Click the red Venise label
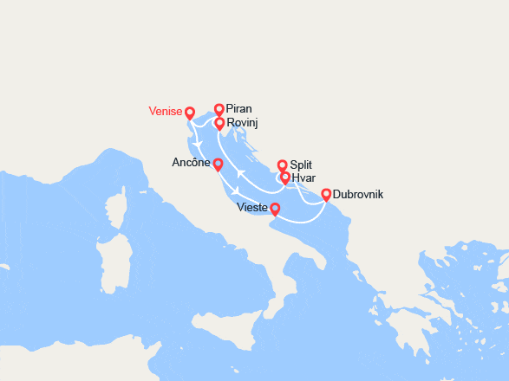point(165,111)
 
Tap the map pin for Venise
point(190,113)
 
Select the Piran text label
point(238,110)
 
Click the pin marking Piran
point(219,110)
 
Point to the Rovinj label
point(242,124)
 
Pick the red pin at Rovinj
point(220,124)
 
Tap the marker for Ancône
point(218,165)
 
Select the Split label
point(302,165)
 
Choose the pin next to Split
point(282,165)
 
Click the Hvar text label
point(303,178)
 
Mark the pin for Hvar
point(285,178)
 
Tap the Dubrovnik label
point(357,195)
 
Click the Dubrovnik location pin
point(326,195)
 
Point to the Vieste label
point(252,208)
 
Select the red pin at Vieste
point(275,209)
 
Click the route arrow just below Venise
point(199,144)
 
